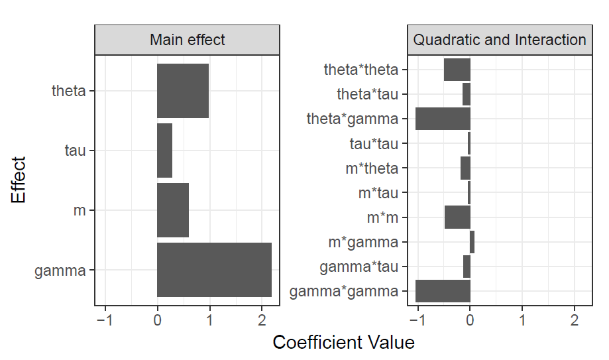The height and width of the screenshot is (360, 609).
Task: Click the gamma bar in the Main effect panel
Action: pyautogui.click(x=214, y=270)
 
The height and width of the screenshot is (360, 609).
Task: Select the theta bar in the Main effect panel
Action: pyautogui.click(x=183, y=91)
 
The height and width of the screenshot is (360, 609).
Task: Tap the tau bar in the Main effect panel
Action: pyautogui.click(x=164, y=150)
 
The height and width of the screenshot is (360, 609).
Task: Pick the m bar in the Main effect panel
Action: pyautogui.click(x=173, y=210)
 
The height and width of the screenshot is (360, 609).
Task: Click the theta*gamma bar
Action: pyautogui.click(x=443, y=119)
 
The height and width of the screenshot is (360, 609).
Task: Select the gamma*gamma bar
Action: pyautogui.click(x=443, y=291)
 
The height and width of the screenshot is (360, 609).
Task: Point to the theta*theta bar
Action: pyautogui.click(x=457, y=70)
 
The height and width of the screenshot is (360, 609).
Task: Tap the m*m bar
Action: pyautogui.click(x=457, y=217)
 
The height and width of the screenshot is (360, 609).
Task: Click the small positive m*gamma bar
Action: pyautogui.click(x=472, y=242)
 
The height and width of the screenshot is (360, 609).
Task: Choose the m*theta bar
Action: pyautogui.click(x=465, y=168)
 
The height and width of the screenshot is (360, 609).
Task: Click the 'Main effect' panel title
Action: pyautogui.click(x=187, y=40)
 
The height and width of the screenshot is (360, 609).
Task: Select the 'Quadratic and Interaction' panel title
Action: pyautogui.click(x=499, y=40)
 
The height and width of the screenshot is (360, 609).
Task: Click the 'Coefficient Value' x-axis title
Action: pyautogui.click(x=343, y=343)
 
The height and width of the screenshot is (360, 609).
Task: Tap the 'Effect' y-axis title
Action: pyautogui.click(x=19, y=180)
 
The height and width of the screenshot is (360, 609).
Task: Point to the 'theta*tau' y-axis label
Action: pyautogui.click(x=367, y=94)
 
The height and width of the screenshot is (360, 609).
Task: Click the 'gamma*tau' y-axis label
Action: pyautogui.click(x=359, y=267)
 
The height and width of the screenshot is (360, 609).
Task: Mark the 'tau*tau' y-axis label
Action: pyautogui.click(x=374, y=144)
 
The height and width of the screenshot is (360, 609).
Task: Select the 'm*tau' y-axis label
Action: pyautogui.click(x=378, y=193)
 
